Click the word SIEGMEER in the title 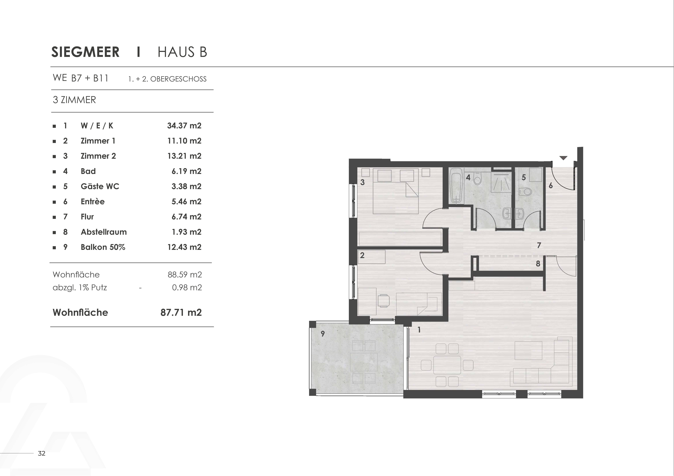pyautogui.click(x=85, y=52)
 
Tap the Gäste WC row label pyautogui.click(x=100, y=187)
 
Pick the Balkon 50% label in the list pyautogui.click(x=103, y=247)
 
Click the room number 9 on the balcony pyautogui.click(x=323, y=333)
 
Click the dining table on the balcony pyautogui.click(x=364, y=362)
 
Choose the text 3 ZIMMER pyautogui.click(x=74, y=100)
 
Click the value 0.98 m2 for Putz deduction pyautogui.click(x=187, y=287)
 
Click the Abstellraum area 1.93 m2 pyautogui.click(x=186, y=232)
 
